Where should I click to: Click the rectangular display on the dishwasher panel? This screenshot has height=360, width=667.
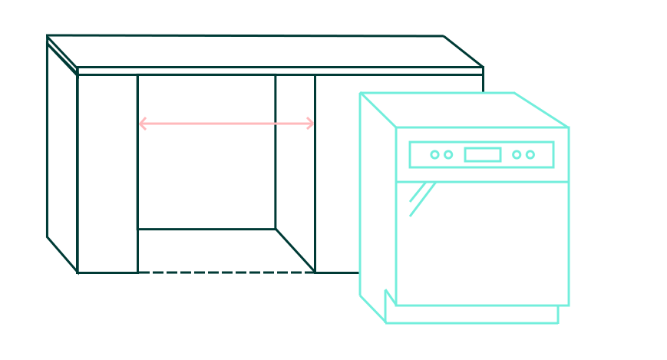(x=483, y=154)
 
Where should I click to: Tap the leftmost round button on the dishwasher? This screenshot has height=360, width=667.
(x=434, y=154)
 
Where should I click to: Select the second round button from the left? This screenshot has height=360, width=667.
(x=448, y=154)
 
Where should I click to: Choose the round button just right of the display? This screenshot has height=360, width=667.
(x=517, y=154)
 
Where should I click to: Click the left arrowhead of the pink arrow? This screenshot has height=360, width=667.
(x=142, y=123)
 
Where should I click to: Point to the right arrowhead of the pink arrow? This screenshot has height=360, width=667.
(x=310, y=123)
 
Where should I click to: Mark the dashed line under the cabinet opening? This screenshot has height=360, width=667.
(x=226, y=272)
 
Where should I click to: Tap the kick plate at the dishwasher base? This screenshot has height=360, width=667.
(x=472, y=314)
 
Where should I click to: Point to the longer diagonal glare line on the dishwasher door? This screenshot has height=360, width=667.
(x=423, y=199)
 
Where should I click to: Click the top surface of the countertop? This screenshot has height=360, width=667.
(x=261, y=51)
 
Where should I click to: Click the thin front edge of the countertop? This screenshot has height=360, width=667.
(x=280, y=71)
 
